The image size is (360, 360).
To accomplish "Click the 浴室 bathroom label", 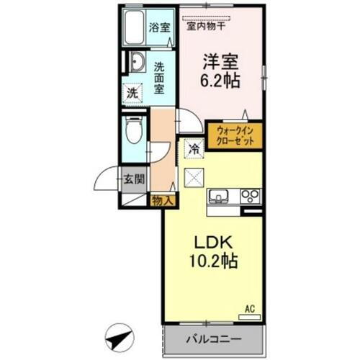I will click(159, 28).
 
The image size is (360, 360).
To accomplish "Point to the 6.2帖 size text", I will click(222, 80).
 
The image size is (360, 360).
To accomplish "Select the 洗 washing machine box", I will click(132, 93).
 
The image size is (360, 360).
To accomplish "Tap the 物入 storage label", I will click(162, 201).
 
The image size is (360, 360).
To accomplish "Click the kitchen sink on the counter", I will click(220, 195).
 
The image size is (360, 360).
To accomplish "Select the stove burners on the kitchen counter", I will click(250, 195).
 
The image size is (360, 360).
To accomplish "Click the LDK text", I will click(211, 242).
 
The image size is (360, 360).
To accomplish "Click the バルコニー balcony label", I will click(214, 338).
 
